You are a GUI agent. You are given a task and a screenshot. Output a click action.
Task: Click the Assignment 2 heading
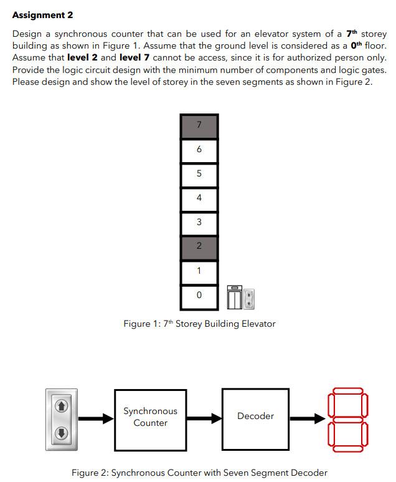click(42, 15)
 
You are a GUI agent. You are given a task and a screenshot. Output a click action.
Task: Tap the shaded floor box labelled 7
click(199, 126)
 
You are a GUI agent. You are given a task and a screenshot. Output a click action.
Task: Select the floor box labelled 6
click(199, 150)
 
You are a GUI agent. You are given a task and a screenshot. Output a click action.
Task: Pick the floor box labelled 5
click(199, 175)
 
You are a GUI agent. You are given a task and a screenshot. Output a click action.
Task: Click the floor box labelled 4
click(199, 199)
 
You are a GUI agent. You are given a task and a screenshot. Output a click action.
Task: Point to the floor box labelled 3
click(199, 223)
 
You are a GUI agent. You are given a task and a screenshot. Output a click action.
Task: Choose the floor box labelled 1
click(199, 272)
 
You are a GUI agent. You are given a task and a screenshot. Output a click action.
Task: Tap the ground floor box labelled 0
click(199, 296)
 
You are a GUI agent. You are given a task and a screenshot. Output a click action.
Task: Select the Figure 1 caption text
click(199, 324)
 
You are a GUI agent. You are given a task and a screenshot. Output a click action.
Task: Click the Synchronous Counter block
click(150, 418)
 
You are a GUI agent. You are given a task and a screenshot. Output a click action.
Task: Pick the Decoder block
click(255, 417)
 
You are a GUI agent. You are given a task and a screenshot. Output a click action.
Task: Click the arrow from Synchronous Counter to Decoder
click(204, 418)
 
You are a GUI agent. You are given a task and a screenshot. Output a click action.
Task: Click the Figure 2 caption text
click(199, 473)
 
